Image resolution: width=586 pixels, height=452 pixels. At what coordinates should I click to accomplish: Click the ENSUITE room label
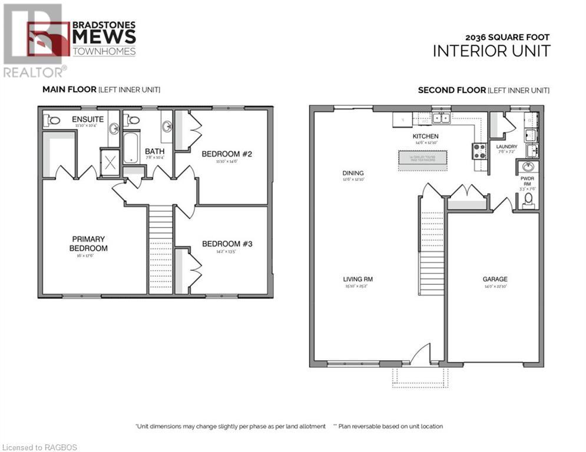pyautogui.click(x=88, y=119)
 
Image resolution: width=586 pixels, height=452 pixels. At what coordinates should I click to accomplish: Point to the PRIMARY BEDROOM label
pyautogui.click(x=88, y=244)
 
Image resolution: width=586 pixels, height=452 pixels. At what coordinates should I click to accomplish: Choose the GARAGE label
pyautogui.click(x=495, y=280)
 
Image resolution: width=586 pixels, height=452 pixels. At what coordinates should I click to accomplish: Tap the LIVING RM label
pyautogui.click(x=359, y=280)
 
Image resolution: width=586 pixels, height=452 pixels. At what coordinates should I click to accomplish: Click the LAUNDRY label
pyautogui.click(x=506, y=147)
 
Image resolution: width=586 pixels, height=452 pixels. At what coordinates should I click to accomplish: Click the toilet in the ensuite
pyautogui.click(x=54, y=120)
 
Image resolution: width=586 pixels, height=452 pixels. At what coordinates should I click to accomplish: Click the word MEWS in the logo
pyautogui.click(x=104, y=37)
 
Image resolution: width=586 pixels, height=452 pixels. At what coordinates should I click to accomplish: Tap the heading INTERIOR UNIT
pyautogui.click(x=491, y=51)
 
